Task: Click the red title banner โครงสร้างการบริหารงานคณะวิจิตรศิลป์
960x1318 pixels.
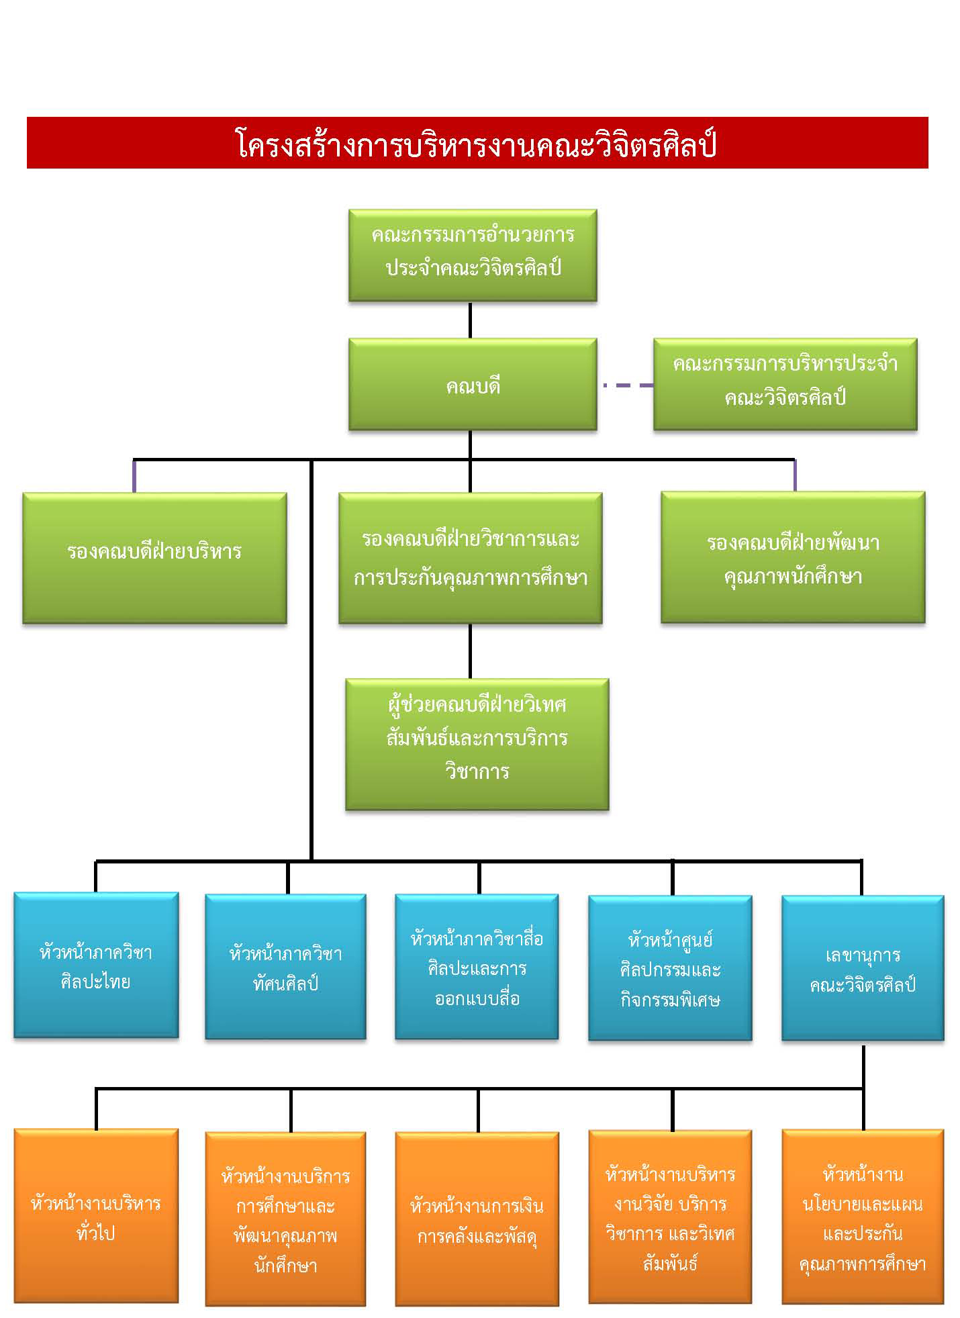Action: coord(477,142)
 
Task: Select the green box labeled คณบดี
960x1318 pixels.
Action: coord(473,384)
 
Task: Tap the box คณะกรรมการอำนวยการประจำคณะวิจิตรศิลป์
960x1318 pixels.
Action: coord(473,255)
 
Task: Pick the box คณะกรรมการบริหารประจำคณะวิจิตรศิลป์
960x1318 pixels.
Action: coord(785,384)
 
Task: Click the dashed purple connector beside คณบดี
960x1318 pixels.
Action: coord(628,385)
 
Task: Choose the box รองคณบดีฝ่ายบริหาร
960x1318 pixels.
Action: coord(154,558)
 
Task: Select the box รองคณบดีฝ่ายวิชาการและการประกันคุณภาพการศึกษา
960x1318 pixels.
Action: coord(470,558)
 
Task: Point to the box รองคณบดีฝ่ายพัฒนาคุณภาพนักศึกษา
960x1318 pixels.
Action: coord(793,557)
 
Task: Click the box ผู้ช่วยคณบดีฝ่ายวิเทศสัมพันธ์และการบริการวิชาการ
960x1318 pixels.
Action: coord(477,744)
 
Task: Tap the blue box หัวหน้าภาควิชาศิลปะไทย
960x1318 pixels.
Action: coord(96,965)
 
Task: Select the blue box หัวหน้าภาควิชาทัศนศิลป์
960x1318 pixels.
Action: coord(285,966)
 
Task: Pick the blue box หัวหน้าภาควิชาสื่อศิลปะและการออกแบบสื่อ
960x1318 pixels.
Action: coord(477,966)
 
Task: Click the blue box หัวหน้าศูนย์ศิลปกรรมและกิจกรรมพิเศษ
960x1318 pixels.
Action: coord(670,968)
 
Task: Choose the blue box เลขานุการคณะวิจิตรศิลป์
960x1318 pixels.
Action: coord(863,968)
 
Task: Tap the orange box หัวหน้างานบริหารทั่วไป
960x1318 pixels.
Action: coord(96,1216)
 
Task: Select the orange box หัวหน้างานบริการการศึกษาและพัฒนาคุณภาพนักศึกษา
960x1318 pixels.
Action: coord(285,1219)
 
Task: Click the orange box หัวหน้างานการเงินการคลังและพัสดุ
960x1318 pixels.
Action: coord(477,1219)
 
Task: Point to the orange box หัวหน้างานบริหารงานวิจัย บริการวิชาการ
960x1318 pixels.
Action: coord(670,1217)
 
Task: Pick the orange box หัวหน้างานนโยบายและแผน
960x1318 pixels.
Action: coord(863,1217)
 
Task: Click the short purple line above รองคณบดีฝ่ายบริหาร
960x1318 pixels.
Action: coord(134,476)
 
